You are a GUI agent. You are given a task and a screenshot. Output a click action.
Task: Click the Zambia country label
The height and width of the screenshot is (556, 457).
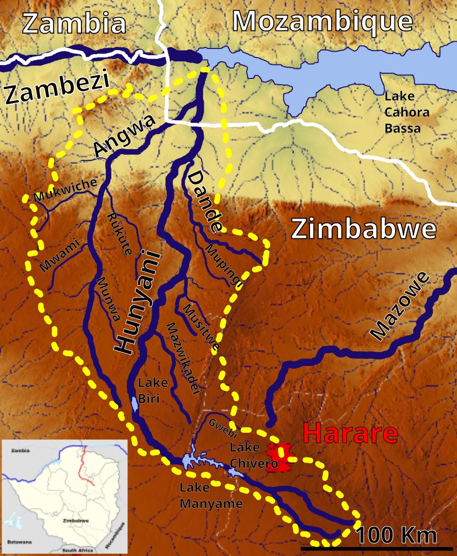click(x=75, y=23)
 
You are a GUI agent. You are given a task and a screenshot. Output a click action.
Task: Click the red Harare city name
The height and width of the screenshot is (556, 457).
click(x=350, y=434)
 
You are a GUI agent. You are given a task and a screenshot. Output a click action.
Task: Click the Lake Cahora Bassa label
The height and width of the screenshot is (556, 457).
click(x=403, y=112)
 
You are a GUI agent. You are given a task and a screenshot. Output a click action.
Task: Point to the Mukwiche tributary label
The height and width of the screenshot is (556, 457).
click(x=65, y=189)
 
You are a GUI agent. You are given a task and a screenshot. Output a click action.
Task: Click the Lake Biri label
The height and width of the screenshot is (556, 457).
click(x=153, y=390)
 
